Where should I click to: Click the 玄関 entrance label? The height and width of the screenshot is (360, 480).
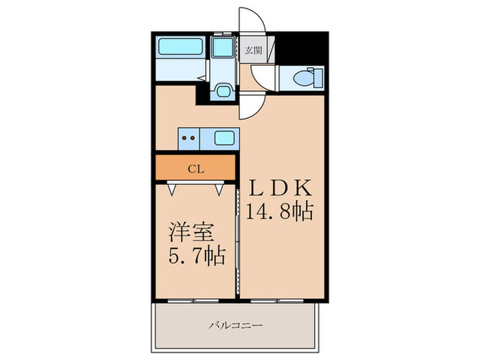pyautogui.click(x=253, y=50)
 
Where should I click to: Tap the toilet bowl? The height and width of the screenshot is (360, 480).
pyautogui.click(x=302, y=77)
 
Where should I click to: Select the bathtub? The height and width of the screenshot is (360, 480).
pyautogui.click(x=179, y=49)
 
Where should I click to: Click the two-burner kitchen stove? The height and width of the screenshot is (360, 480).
pyautogui.click(x=189, y=138)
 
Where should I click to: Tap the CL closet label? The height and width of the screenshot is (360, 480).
pyautogui.click(x=195, y=167)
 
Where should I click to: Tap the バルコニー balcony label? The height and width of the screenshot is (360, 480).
pyautogui.click(x=237, y=326)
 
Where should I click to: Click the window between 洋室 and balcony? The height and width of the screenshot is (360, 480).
pyautogui.click(x=195, y=300)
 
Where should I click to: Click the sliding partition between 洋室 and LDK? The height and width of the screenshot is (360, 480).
pyautogui.click(x=238, y=233)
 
